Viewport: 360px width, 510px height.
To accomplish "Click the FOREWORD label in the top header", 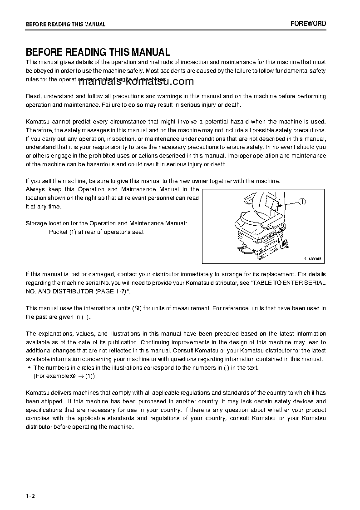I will (308, 24).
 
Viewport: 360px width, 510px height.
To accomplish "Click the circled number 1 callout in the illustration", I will (303, 202).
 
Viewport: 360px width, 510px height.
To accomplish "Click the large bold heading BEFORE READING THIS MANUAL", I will (98, 52).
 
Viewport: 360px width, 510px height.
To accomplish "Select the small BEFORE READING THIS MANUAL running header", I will (65, 25).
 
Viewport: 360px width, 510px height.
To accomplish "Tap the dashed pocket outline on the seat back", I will (272, 203).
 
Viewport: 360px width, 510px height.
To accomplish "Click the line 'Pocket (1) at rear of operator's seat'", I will (96, 232).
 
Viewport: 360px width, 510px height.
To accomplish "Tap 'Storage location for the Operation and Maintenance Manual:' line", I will (106, 223).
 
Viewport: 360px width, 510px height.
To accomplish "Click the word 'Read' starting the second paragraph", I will (33, 96).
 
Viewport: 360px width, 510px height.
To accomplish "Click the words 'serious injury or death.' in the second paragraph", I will (211, 105).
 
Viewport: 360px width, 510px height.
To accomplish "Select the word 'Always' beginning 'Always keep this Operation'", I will (36, 189).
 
